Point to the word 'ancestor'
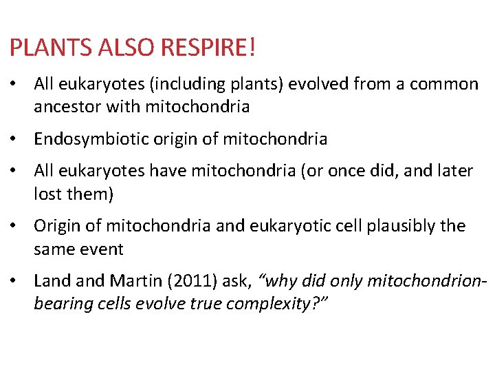click(64, 107)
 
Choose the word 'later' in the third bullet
click(452, 171)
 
